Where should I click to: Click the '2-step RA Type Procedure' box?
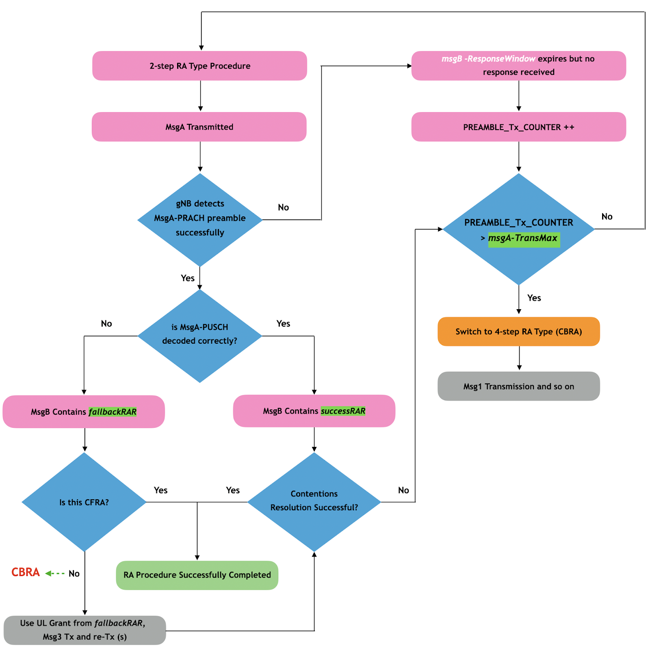199,66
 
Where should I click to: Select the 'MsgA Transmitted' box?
199,127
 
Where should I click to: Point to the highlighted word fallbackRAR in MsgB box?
113,412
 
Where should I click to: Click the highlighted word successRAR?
343,411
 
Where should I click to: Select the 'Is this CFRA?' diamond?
84,502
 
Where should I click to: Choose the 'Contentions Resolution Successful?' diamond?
314,501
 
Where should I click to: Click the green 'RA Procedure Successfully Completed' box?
197,575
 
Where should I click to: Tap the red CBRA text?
26,572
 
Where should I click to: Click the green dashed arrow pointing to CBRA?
55,573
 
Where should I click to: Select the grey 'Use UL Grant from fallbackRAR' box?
84,630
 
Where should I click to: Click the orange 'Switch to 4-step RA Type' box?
518,331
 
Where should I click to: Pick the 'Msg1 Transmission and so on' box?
518,386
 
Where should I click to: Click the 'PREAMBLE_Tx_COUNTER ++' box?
518,127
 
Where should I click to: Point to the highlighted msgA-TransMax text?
523,238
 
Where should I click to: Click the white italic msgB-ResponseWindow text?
488,59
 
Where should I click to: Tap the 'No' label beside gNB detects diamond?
283,208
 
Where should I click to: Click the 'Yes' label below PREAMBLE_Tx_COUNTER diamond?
534,298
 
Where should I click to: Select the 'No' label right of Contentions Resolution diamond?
403,490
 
